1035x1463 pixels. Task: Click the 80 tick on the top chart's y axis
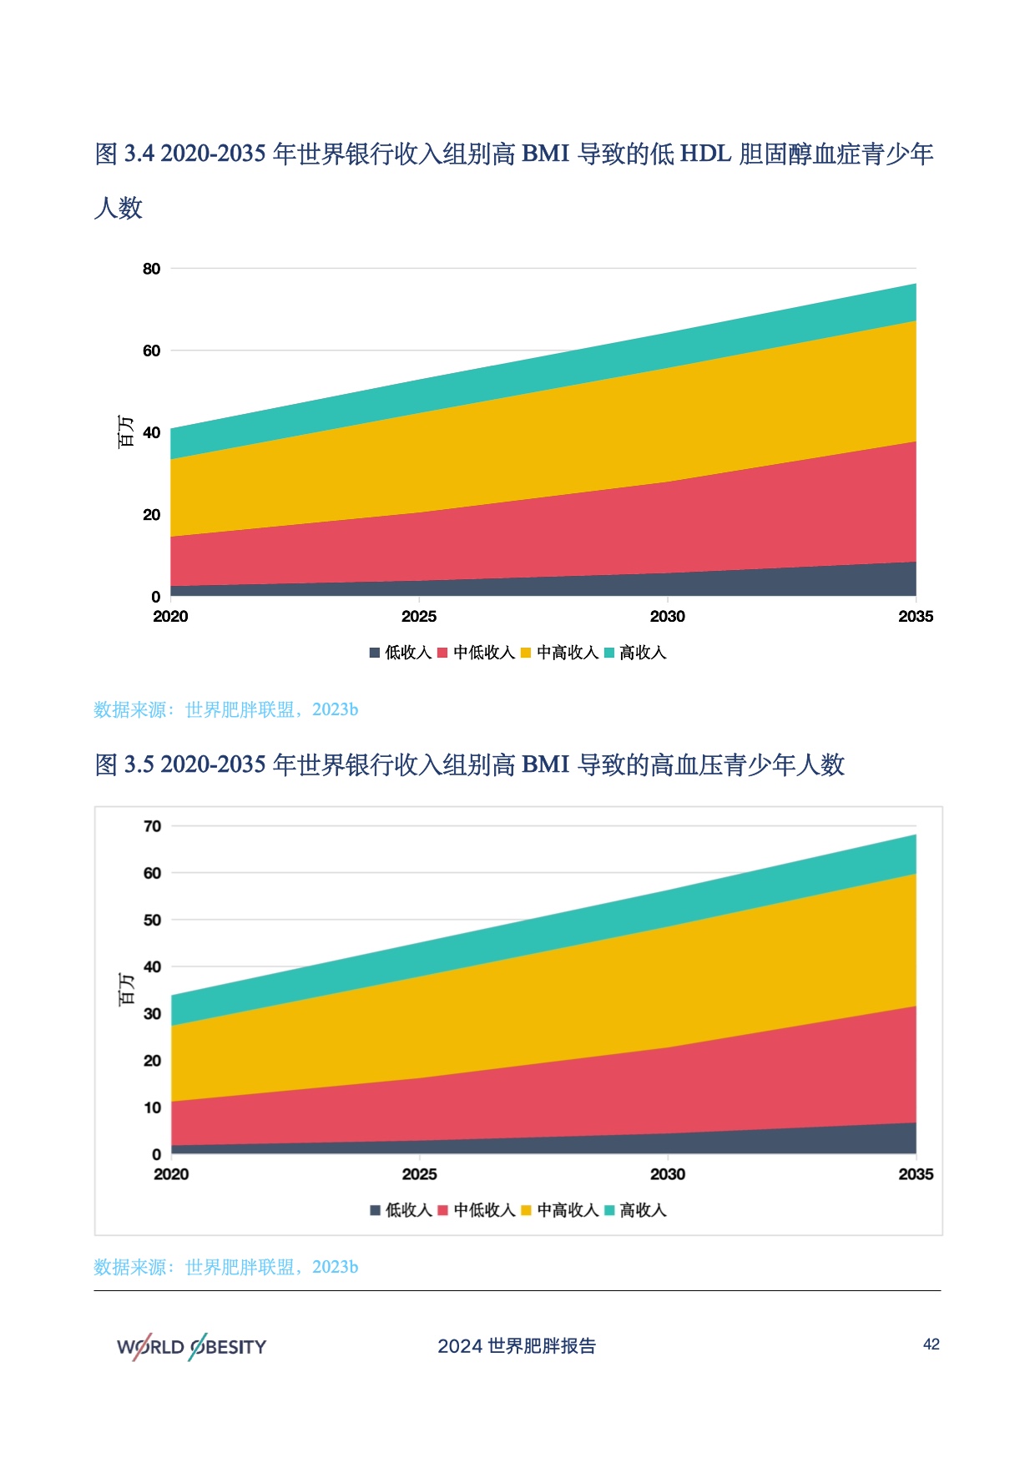click(151, 269)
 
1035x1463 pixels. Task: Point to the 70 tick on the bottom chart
click(153, 826)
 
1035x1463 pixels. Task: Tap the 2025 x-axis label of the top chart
click(418, 617)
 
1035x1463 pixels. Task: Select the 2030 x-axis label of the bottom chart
click(668, 1174)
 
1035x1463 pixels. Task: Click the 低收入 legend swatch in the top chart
click(375, 653)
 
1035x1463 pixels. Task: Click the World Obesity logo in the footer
click(191, 1346)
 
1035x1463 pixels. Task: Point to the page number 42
click(931, 1344)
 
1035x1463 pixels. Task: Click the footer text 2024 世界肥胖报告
click(517, 1346)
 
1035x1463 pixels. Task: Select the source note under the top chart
click(225, 709)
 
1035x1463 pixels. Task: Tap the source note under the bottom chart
click(225, 1267)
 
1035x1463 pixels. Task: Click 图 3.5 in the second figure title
click(124, 764)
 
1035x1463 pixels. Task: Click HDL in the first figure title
click(706, 154)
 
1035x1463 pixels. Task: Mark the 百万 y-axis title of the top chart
click(125, 431)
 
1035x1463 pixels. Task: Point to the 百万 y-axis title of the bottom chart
click(126, 989)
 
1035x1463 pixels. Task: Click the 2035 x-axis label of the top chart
click(916, 617)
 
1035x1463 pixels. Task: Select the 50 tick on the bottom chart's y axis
click(153, 920)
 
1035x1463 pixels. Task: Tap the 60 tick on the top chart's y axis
click(151, 351)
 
